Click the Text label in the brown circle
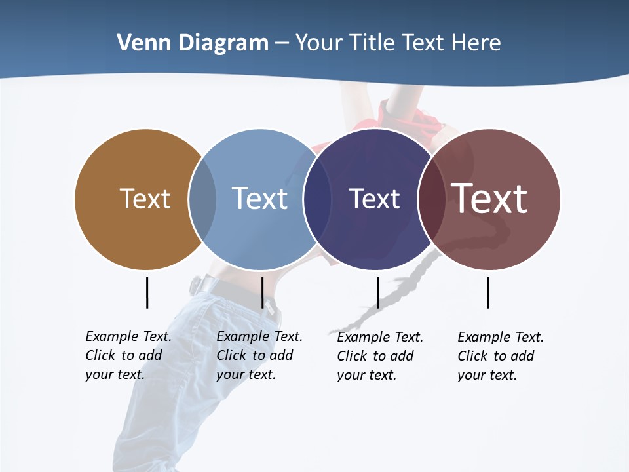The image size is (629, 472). coord(145,199)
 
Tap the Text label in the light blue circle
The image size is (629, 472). coord(260,199)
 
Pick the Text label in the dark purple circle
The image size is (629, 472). coord(374,199)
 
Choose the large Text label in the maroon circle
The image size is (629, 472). coord(489,199)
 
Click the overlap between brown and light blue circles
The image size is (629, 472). coord(202,199)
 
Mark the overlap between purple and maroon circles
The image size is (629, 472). coord(431,199)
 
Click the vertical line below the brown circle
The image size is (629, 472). coord(147,292)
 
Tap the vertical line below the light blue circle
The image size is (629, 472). coord(262,292)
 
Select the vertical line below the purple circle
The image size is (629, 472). coord(377,292)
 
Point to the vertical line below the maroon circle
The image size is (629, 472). coord(487,292)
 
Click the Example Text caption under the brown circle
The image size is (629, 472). coord(128,355)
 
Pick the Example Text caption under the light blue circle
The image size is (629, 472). coord(259,355)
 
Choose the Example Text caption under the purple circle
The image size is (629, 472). coord(379,356)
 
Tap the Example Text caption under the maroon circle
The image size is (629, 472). coord(500,356)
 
